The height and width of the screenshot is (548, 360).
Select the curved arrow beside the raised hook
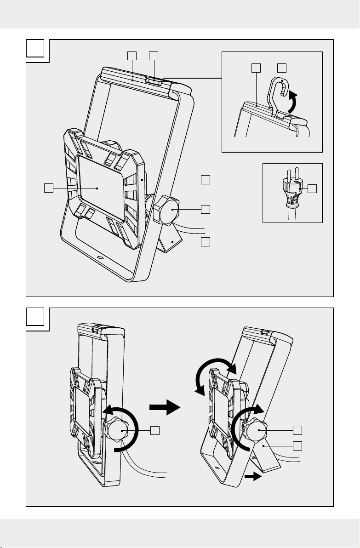[x=291, y=101]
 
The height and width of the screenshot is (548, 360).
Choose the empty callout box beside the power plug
[x=313, y=188]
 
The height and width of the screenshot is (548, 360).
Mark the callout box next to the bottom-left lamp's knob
[x=155, y=430]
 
